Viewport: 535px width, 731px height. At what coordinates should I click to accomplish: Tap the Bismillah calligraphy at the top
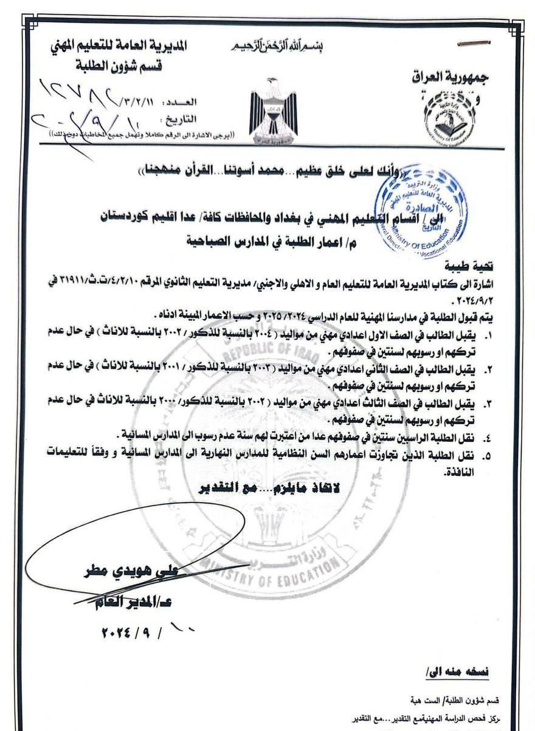pos(269,47)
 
